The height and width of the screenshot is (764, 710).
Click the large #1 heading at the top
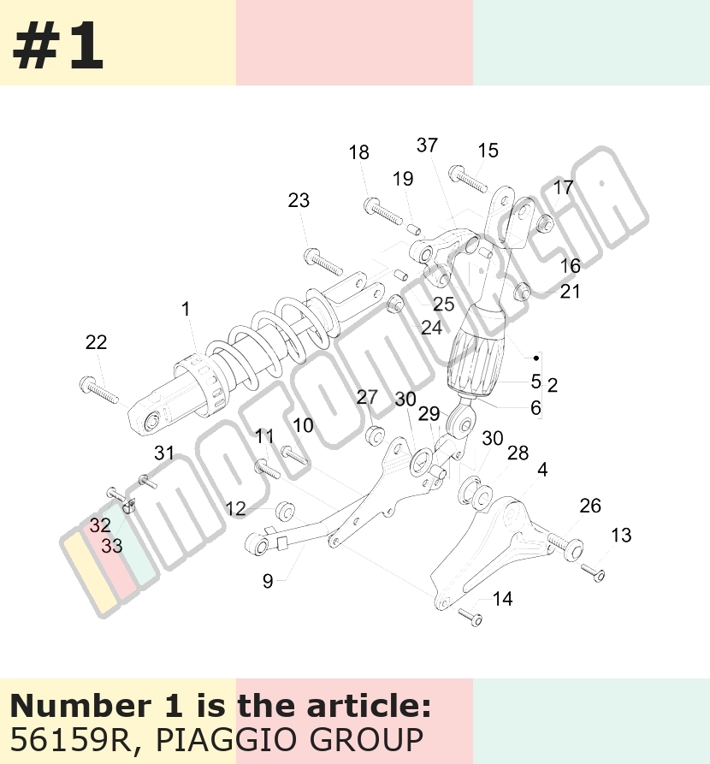57,46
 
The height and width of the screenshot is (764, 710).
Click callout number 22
96,342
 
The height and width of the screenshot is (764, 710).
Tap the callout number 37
427,145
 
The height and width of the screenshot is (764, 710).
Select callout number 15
488,151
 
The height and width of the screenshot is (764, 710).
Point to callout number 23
299,200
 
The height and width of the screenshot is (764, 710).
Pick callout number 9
268,581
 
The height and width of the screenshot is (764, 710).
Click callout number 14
502,599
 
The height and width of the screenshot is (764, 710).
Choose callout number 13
621,536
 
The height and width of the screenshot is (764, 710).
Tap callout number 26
590,506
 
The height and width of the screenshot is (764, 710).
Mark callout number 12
235,509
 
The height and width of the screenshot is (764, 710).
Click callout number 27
367,398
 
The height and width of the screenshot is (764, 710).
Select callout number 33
111,546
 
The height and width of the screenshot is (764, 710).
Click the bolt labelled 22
99,390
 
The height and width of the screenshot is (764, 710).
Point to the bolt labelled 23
323,262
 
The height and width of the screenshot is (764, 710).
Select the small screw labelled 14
470,617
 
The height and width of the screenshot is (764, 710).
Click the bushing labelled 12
285,510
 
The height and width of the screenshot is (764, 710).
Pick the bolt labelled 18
383,211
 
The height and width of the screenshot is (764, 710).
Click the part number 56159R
69,740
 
